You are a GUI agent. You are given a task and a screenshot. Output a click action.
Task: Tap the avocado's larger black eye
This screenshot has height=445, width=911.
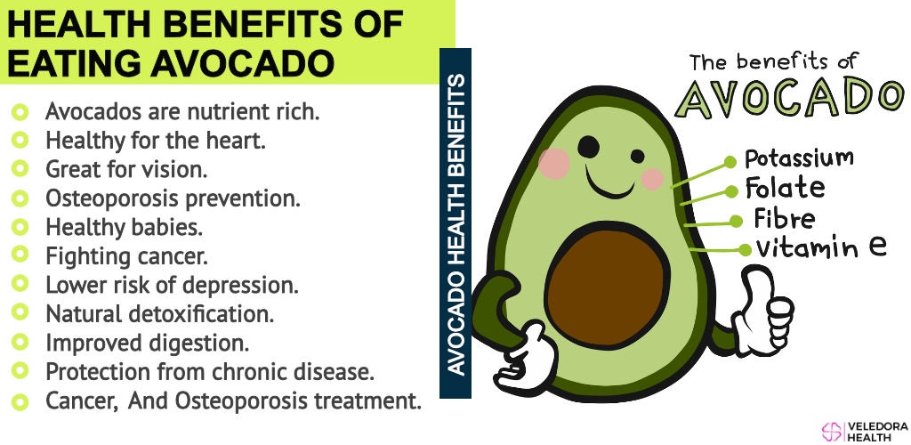tap(589, 147)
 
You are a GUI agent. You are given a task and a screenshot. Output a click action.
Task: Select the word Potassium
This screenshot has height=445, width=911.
tap(800, 158)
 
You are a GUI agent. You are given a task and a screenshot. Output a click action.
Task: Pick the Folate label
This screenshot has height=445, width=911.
tap(785, 188)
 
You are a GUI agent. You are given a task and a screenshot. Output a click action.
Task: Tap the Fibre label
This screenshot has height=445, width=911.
tap(785, 218)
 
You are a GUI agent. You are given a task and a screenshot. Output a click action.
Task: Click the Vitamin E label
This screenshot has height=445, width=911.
tap(821, 247)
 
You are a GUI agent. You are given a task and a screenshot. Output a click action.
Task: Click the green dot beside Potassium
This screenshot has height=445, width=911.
tap(730, 163)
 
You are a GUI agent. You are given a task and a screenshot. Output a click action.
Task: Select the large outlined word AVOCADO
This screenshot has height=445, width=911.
tap(790, 96)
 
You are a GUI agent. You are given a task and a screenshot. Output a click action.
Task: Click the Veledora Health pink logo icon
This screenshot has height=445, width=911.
tap(832, 431)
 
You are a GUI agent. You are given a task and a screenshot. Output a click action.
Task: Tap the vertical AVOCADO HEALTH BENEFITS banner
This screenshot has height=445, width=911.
tap(455, 223)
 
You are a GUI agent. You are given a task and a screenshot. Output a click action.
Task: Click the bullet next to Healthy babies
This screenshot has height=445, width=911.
tap(20, 226)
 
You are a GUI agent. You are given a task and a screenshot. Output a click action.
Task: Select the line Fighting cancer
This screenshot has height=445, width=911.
tap(126, 256)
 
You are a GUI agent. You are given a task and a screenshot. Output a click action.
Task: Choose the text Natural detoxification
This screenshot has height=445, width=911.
tap(160, 314)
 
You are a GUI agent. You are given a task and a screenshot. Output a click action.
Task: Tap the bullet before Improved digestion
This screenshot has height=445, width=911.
tap(20, 342)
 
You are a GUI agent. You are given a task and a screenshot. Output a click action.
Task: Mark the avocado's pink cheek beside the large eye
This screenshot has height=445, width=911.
tap(553, 163)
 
